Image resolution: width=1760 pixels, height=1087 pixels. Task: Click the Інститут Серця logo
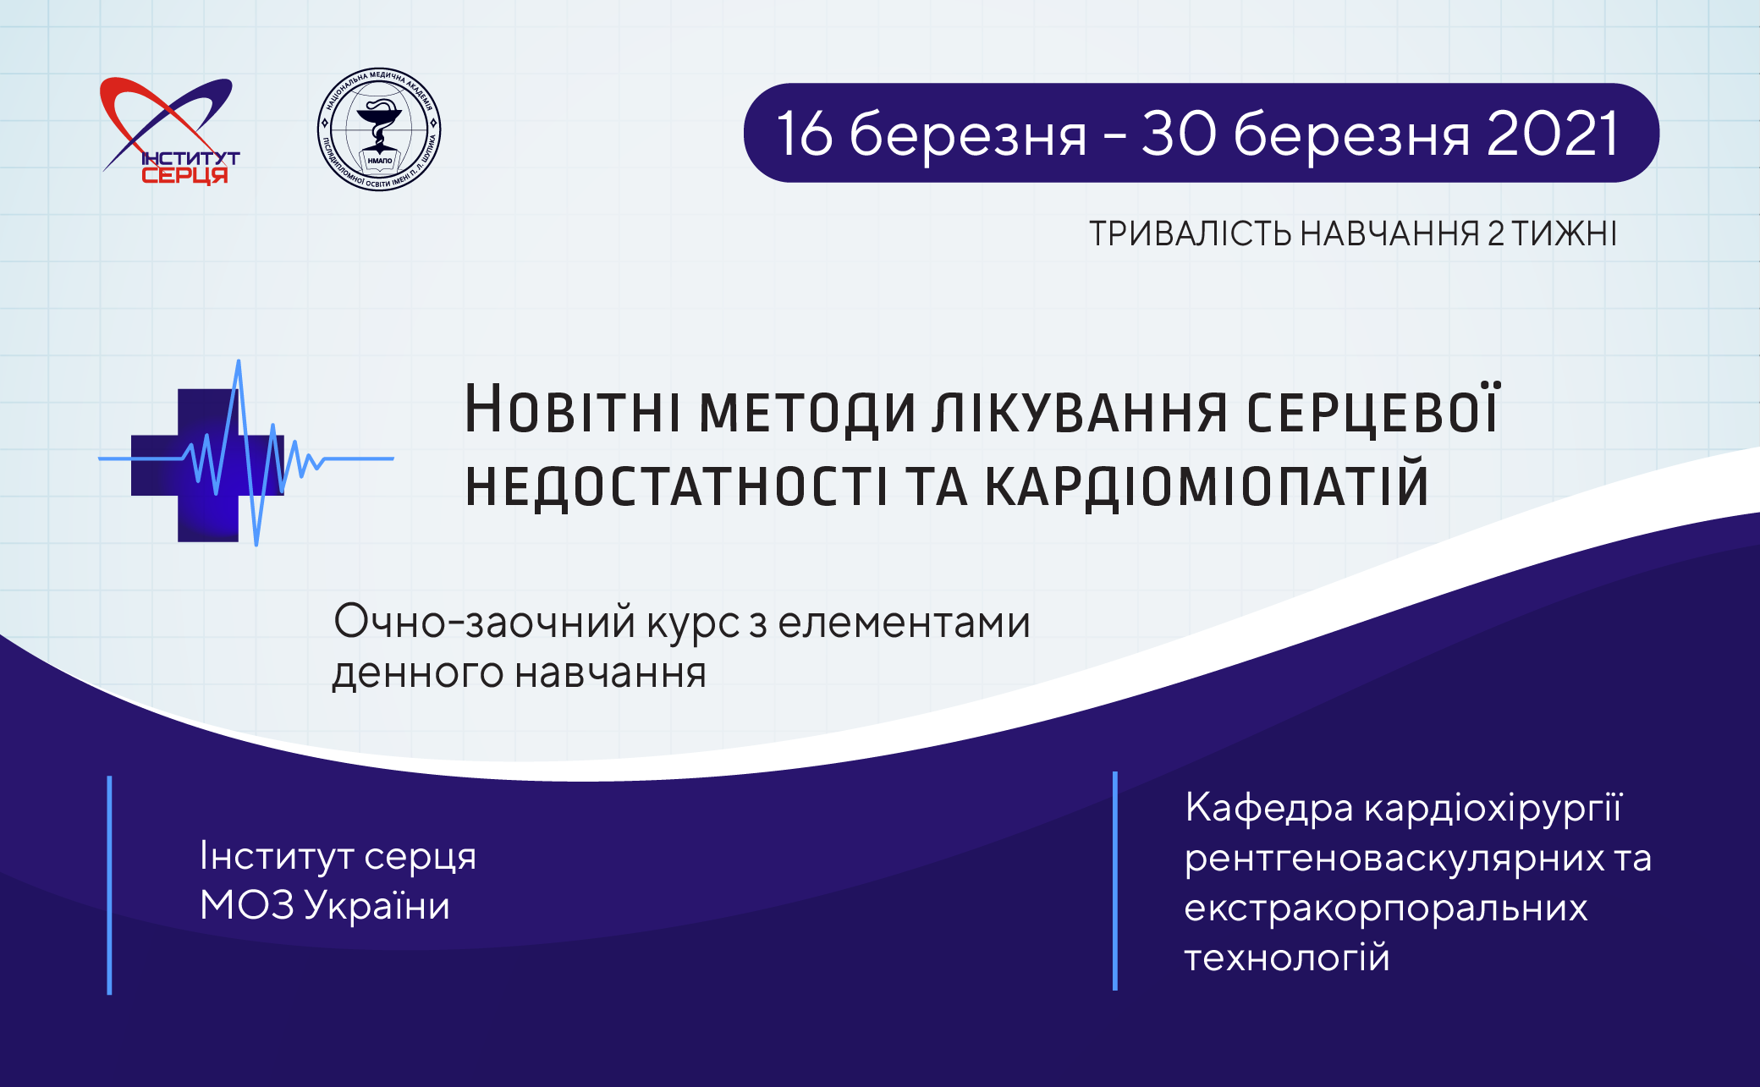pos(169,131)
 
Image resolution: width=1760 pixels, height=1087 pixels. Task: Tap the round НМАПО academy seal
pos(379,129)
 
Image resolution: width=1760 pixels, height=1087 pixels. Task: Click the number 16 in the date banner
pos(805,134)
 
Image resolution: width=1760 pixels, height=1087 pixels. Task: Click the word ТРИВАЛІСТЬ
pos(1190,233)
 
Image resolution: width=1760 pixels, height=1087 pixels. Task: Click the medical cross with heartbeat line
pos(245,453)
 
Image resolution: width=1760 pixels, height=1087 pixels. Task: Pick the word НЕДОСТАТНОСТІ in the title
pos(677,486)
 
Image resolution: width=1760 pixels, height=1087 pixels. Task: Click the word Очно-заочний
pos(485,623)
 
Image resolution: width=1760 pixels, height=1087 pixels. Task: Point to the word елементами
pos(904,623)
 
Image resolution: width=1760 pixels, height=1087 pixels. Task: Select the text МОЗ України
pos(325,905)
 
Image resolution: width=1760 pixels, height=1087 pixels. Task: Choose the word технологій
pos(1287,957)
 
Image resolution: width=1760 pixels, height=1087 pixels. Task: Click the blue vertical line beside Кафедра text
pos(1115,881)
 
